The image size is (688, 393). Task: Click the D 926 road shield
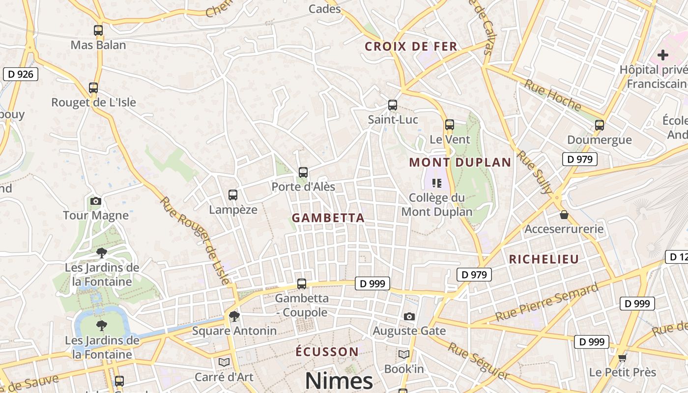click(x=20, y=74)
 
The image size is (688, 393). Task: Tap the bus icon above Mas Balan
click(x=98, y=30)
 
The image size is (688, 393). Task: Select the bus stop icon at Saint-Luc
click(x=392, y=105)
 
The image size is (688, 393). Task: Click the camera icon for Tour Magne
click(x=96, y=201)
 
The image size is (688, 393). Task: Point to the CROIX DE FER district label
click(x=411, y=47)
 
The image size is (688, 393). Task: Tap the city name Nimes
click(x=339, y=381)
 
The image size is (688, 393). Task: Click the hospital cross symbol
click(x=662, y=55)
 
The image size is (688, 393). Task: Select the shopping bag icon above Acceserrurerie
click(x=564, y=215)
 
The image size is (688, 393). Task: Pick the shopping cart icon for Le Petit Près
click(x=622, y=358)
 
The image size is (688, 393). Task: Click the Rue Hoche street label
click(x=552, y=94)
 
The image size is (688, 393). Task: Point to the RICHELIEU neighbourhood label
click(x=544, y=259)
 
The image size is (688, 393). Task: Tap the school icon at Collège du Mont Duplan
click(x=436, y=183)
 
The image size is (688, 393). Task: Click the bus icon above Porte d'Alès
click(x=303, y=172)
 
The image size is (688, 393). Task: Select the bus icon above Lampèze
click(x=233, y=195)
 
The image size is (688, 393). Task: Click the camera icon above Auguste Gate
click(x=409, y=316)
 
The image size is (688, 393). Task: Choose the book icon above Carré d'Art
click(x=224, y=362)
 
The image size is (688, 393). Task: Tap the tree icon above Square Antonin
click(x=234, y=316)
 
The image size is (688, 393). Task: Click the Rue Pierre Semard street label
click(x=546, y=302)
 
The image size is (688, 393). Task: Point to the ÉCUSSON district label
click(x=327, y=352)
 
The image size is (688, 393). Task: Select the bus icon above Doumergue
click(x=599, y=125)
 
